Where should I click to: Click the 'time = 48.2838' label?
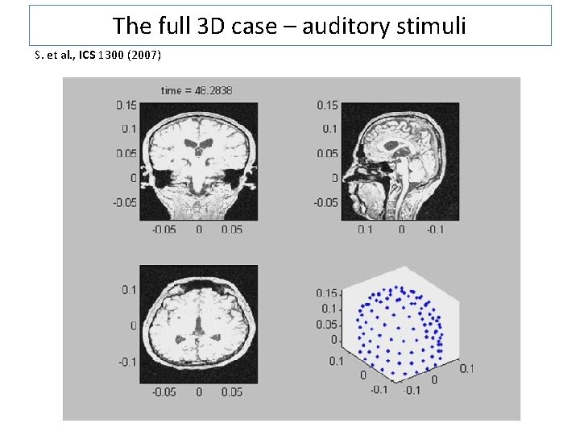[197, 90]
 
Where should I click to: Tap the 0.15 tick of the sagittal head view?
[327, 105]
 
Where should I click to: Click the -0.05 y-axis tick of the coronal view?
[123, 202]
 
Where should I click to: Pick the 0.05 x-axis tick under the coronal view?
[232, 230]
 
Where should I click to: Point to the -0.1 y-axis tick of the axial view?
[126, 362]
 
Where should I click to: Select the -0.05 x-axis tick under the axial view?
[165, 392]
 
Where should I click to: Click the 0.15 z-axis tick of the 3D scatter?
[326, 293]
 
